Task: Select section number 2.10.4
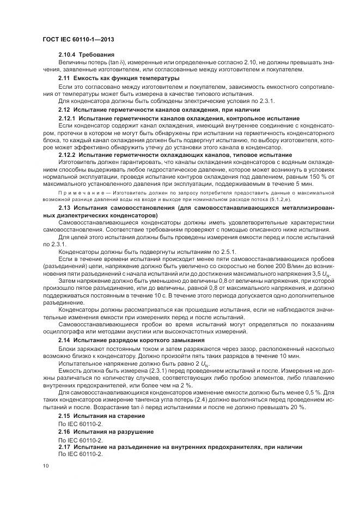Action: pyautogui.click(x=67, y=56)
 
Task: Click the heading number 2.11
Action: pyautogui.click(x=64, y=78)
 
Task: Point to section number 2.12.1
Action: pyautogui.click(x=67, y=118)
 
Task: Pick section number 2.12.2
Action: pyautogui.click(x=67, y=155)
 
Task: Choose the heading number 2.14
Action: pyautogui.click(x=64, y=341)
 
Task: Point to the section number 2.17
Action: pyautogui.click(x=64, y=447)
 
